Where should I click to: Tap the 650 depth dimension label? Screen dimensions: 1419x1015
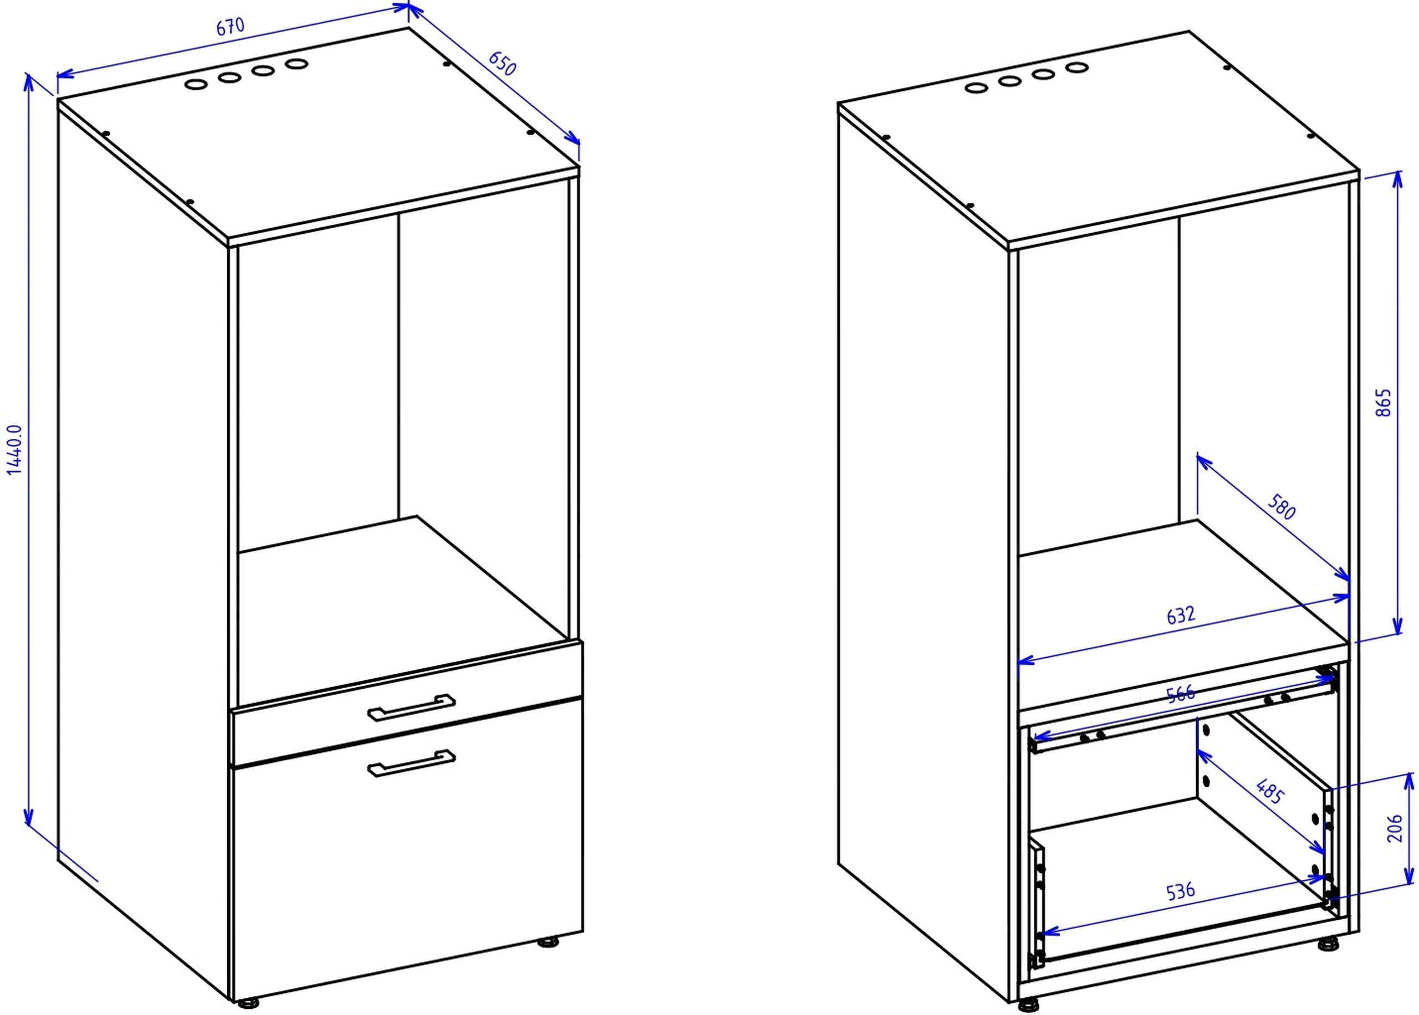tap(503, 63)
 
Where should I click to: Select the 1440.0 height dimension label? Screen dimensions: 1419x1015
tap(14, 449)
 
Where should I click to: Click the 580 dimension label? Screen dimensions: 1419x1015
tap(1282, 506)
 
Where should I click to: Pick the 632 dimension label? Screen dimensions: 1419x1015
tap(1181, 616)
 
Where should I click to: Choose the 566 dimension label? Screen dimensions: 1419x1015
tap(1180, 694)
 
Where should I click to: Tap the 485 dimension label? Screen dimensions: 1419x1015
tap(1269, 791)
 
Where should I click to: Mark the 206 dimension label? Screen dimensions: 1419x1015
tap(1394, 828)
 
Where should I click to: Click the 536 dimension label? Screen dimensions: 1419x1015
tap(1180, 891)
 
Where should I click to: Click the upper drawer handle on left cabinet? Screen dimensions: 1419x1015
tap(411, 707)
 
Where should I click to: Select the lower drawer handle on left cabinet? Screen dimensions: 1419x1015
tap(411, 763)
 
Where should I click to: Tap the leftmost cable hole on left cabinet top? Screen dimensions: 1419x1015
tap(197, 84)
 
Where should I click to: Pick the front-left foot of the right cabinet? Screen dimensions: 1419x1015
tap(1028, 1006)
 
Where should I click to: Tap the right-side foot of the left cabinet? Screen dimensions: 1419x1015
tap(549, 942)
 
